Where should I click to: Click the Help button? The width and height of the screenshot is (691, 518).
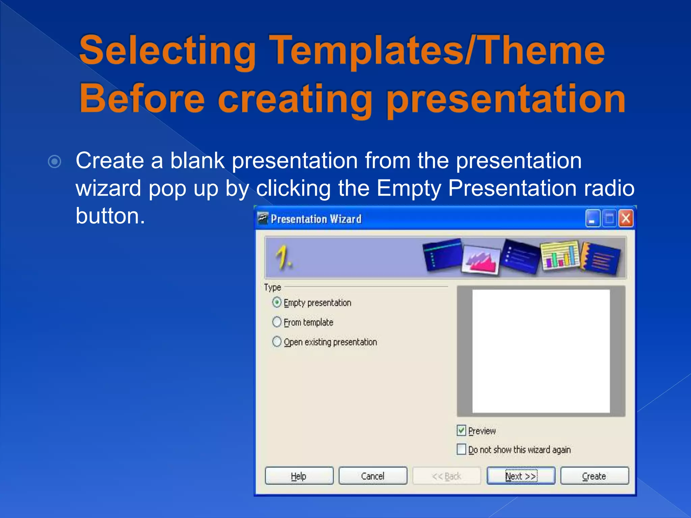tap(299, 476)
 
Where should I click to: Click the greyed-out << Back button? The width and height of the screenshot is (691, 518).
tap(446, 476)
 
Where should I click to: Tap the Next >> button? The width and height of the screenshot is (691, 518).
tap(521, 476)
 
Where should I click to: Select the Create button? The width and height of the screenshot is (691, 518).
tap(595, 476)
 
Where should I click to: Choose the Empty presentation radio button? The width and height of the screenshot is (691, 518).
tap(277, 302)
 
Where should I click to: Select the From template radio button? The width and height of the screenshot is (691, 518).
tap(277, 322)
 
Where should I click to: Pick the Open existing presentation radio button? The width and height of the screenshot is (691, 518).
tap(277, 341)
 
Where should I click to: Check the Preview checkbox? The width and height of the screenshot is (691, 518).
tap(461, 430)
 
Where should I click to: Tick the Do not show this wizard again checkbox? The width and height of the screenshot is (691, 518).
tap(461, 449)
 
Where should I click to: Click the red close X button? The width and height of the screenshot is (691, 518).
tap(626, 219)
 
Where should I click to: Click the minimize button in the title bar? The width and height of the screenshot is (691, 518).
tap(592, 219)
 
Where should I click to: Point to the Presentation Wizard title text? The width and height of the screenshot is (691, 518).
tap(316, 219)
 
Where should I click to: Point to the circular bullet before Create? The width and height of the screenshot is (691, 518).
tap(55, 162)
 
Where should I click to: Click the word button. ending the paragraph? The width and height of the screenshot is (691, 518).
tap(110, 216)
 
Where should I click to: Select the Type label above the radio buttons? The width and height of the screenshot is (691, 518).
tap(272, 287)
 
